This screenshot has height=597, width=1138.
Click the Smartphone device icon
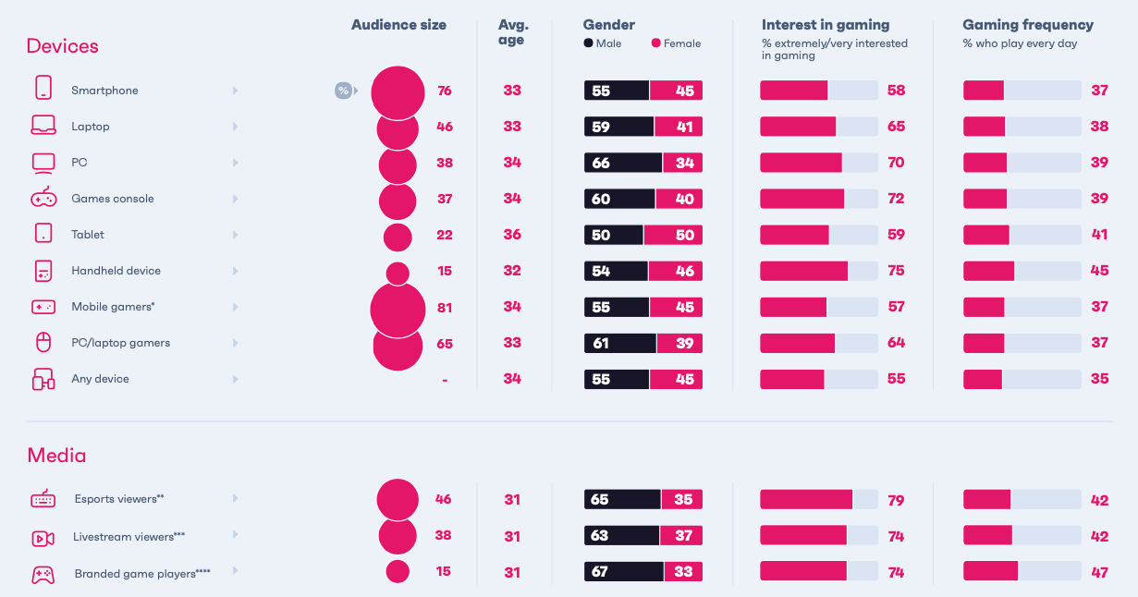click(43, 89)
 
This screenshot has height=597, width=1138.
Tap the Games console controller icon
click(43, 198)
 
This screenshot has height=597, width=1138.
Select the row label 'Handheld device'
click(116, 271)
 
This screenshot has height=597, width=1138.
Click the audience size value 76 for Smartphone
click(444, 91)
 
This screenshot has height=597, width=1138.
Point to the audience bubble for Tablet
click(398, 237)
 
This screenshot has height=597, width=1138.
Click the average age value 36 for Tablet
click(512, 235)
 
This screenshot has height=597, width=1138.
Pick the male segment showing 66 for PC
click(622, 163)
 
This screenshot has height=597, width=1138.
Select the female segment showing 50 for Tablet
click(673, 235)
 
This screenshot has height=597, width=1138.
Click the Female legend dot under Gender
click(655, 43)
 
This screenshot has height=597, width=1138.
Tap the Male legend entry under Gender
click(602, 43)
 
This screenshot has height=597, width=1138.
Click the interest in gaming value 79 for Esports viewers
click(895, 500)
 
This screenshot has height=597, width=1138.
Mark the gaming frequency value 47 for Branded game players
click(1098, 572)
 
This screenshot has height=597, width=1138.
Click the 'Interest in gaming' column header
click(825, 25)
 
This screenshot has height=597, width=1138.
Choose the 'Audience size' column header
click(398, 25)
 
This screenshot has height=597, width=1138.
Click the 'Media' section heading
click(56, 455)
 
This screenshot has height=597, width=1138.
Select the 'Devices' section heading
click(62, 45)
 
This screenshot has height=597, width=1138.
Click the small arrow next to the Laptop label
click(235, 127)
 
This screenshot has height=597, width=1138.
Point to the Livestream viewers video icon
click(43, 537)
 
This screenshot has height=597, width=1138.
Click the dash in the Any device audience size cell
click(445, 380)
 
